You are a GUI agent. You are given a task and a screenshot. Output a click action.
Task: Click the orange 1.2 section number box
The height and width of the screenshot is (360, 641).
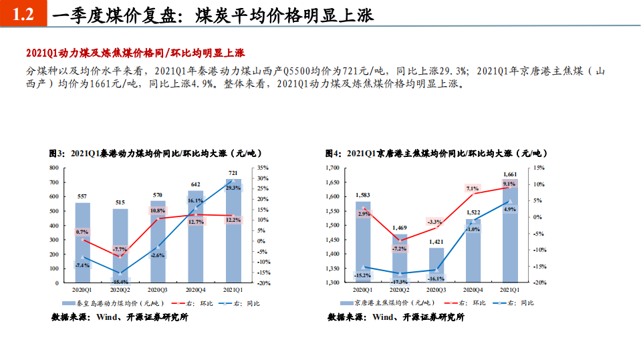click(x=23, y=14)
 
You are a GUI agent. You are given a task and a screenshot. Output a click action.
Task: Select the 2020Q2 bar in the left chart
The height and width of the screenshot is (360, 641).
click(x=120, y=246)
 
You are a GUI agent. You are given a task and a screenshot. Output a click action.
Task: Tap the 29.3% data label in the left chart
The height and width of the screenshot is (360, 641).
click(x=233, y=188)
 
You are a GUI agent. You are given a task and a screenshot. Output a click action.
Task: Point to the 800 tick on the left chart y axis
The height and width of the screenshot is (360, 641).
click(x=53, y=168)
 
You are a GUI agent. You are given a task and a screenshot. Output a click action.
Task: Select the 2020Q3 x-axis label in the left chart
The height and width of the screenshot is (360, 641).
click(x=158, y=290)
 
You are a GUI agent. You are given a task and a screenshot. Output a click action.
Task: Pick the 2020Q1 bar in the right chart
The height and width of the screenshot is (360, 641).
click(x=363, y=242)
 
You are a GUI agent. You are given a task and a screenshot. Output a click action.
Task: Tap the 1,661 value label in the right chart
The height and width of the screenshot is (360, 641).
click(x=509, y=174)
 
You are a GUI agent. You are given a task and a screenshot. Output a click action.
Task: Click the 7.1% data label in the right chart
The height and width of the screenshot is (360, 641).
click(x=473, y=189)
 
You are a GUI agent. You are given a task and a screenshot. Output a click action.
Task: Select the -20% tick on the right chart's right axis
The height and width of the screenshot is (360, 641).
click(x=539, y=283)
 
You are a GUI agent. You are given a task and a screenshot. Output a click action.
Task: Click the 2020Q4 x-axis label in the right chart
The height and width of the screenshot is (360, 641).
click(x=473, y=290)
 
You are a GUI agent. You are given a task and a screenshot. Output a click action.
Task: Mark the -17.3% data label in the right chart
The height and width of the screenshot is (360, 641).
click(x=400, y=283)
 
